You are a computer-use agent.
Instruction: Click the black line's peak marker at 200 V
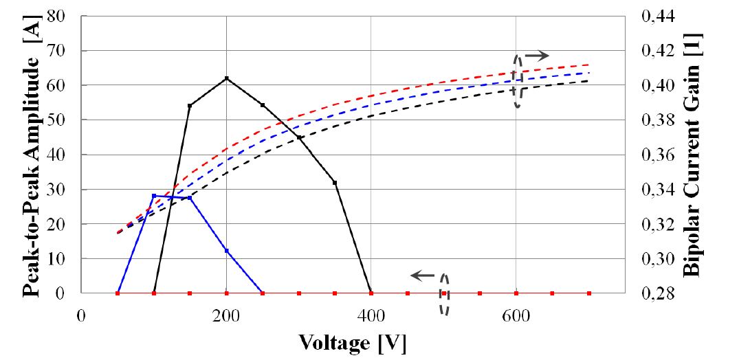coord(226,78)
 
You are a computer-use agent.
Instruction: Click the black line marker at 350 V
coord(335,183)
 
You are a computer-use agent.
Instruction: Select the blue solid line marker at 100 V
coord(154,196)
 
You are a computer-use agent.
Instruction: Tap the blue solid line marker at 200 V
coord(226,251)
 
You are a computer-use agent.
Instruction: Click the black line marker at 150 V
coord(190,106)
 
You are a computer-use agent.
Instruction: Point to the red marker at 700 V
coord(588,293)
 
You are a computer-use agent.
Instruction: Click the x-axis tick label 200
coord(226,315)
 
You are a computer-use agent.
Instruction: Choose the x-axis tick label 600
coord(516,315)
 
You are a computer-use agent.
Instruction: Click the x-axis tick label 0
coord(81,315)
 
